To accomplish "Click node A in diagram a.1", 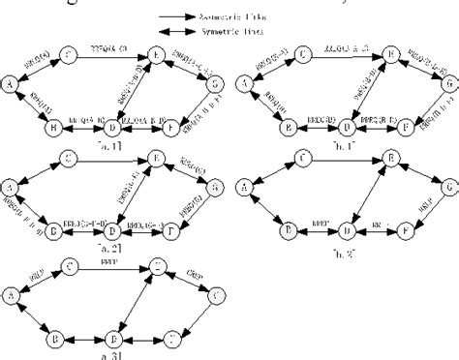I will click(11, 85).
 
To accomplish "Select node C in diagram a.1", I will click(69, 52).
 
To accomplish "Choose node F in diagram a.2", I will click(172, 233).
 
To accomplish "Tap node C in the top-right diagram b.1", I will click(302, 54).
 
